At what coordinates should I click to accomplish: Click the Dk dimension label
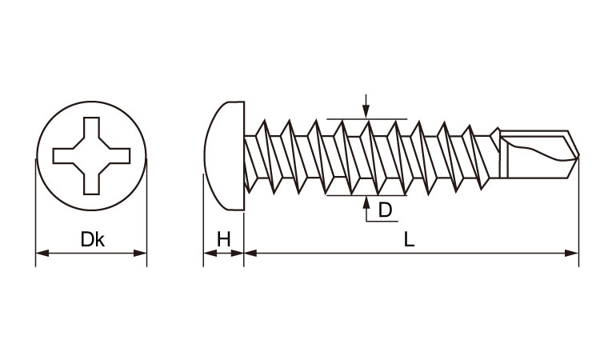click(x=92, y=239)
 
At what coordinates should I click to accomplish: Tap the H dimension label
click(x=224, y=239)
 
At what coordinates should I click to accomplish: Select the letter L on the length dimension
click(x=409, y=239)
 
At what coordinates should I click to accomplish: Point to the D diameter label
click(x=385, y=210)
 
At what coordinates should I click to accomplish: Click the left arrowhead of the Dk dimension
click(x=42, y=254)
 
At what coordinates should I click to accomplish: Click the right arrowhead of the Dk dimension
click(x=140, y=254)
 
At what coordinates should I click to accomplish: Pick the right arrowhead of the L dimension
click(x=572, y=253)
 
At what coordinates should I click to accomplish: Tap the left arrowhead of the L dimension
click(x=250, y=253)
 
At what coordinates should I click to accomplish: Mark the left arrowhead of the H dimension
click(x=210, y=253)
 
